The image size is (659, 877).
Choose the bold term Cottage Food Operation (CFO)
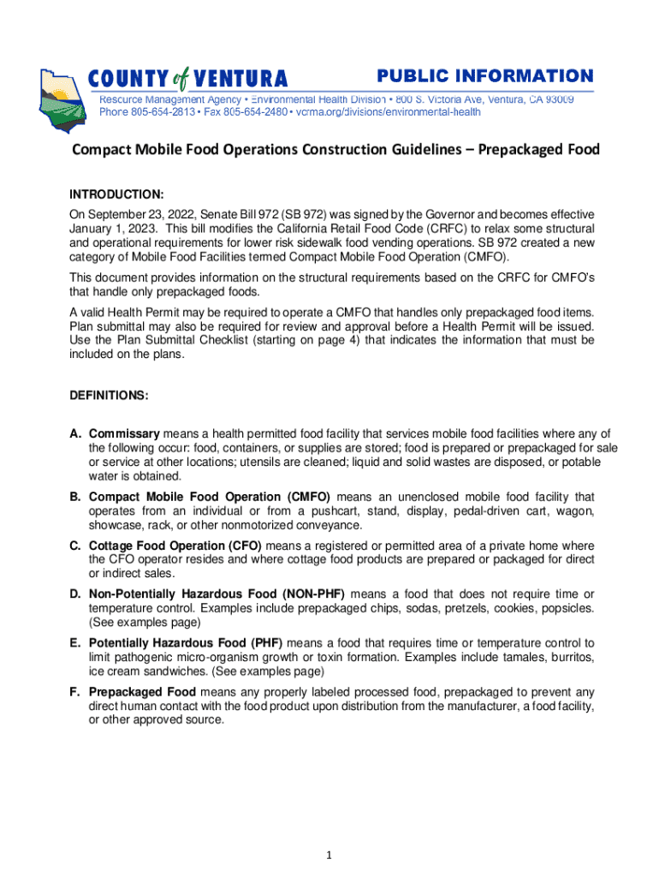click(175, 546)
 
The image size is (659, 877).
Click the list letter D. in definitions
click(76, 594)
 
